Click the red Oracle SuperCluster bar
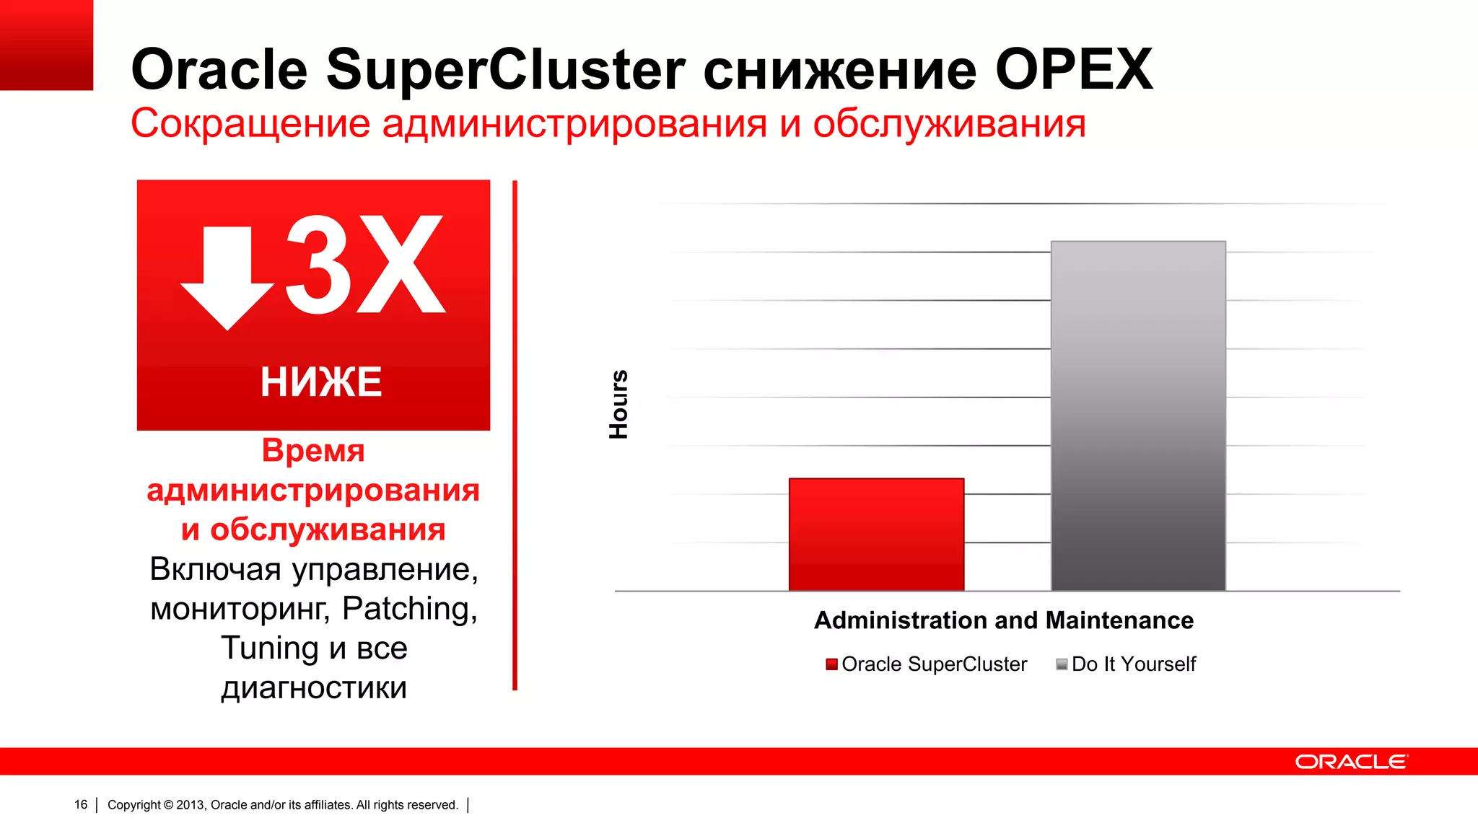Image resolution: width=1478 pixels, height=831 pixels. click(876, 535)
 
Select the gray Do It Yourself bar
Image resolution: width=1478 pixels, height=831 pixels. click(1138, 415)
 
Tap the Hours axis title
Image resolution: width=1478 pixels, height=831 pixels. click(619, 405)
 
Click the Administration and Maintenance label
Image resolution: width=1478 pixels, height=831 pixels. click(1003, 620)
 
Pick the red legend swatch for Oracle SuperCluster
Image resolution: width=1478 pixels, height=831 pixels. click(831, 664)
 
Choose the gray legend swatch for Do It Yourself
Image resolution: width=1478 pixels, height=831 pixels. click(1062, 664)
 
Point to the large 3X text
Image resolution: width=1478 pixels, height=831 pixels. click(364, 265)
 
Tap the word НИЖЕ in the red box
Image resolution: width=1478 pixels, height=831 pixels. click(320, 382)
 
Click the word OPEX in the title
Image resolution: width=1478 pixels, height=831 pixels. click(1074, 70)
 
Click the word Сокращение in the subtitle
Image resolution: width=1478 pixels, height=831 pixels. click(250, 123)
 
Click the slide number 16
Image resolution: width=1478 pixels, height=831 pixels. click(81, 804)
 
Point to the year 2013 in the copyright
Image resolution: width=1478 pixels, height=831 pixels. click(191, 805)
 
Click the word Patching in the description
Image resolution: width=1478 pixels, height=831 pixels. click(408, 608)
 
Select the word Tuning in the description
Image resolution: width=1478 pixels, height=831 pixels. click(269, 648)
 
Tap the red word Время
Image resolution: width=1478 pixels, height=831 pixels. click(313, 451)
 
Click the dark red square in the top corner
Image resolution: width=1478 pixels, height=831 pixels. click(46, 45)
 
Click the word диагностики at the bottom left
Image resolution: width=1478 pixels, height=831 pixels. click(314, 687)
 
